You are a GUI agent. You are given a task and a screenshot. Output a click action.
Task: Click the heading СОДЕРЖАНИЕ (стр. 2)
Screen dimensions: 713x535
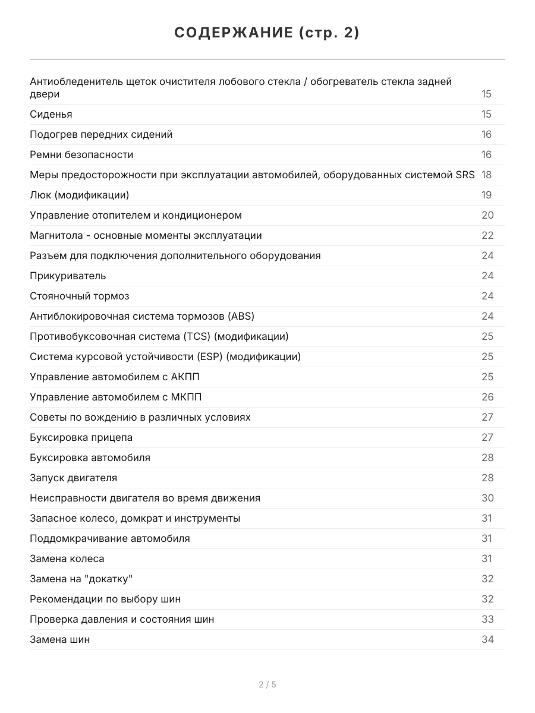(267, 33)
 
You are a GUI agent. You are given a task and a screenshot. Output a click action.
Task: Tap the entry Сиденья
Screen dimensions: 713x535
(51, 114)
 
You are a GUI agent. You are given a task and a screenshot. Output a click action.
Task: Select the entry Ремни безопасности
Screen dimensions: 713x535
(81, 154)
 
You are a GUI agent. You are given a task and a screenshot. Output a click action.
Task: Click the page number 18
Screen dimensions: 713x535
(486, 175)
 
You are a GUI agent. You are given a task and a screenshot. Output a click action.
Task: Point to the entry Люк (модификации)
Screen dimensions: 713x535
(79, 195)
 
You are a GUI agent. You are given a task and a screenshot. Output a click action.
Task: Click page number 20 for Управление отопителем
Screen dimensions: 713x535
(487, 215)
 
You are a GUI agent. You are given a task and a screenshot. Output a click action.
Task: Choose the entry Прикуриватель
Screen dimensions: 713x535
(68, 276)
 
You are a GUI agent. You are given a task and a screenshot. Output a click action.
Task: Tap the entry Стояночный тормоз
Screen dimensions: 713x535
(79, 296)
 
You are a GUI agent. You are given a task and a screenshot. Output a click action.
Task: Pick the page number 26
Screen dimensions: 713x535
(487, 397)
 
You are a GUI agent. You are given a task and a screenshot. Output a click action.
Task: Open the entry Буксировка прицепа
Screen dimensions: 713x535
(81, 437)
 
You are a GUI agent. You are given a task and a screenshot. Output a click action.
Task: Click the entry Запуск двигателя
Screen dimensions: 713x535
(73, 478)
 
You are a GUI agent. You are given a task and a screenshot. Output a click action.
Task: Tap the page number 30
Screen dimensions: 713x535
(487, 498)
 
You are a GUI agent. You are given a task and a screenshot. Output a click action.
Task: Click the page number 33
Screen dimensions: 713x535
(487, 619)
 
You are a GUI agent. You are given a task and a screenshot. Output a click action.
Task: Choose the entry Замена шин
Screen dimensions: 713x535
(59, 639)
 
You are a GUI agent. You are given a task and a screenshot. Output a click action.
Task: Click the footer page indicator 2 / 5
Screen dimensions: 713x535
(267, 684)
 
